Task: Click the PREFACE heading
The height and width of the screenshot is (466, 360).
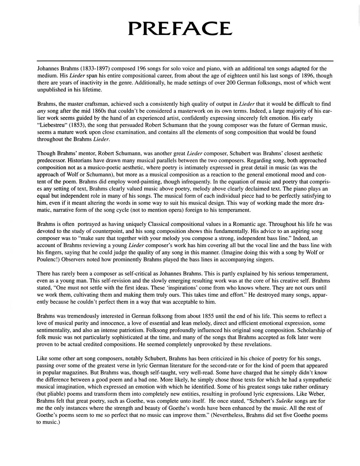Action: (x=180, y=28)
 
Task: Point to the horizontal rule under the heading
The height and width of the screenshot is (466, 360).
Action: (x=185, y=61)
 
